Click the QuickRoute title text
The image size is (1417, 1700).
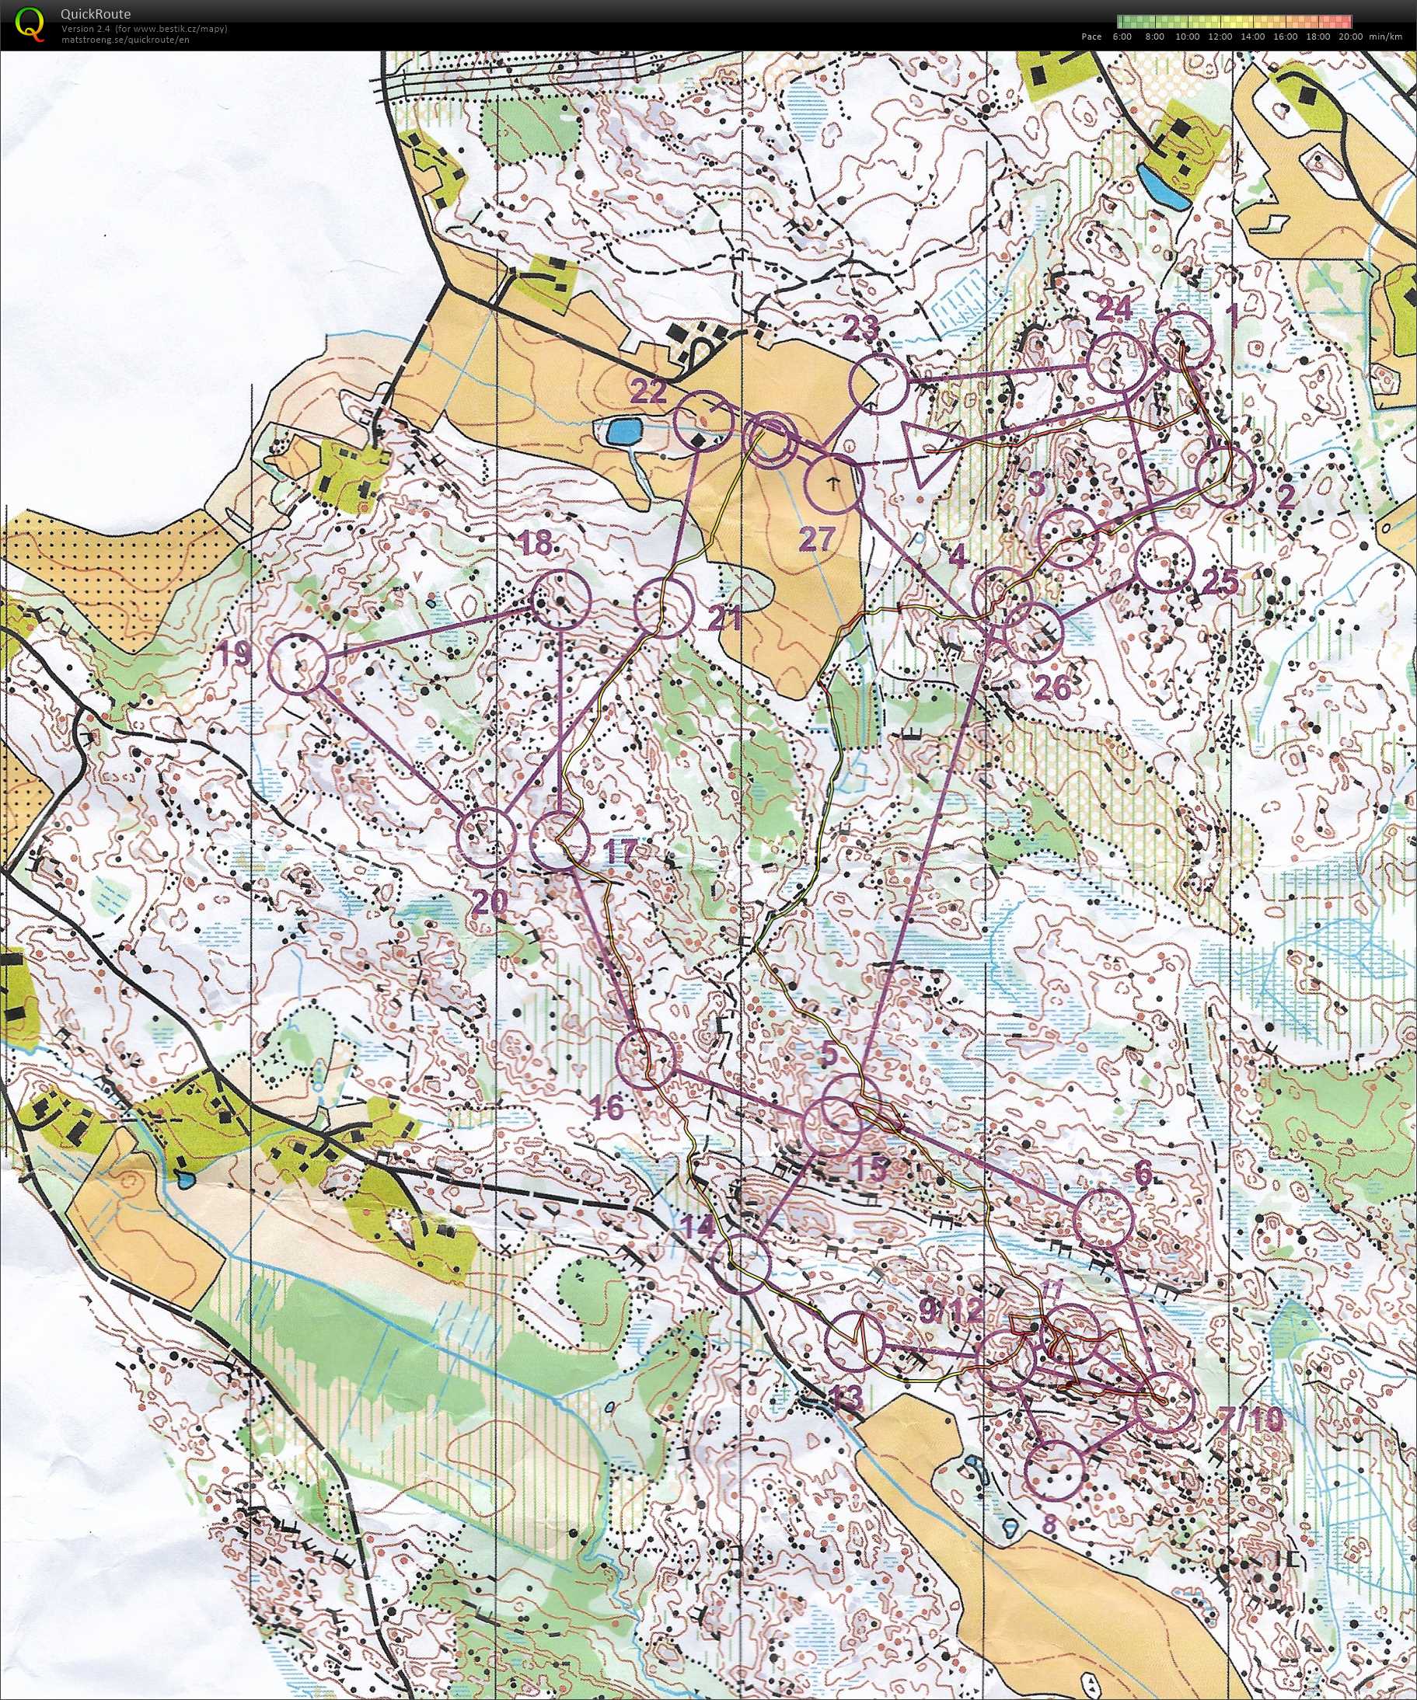95,14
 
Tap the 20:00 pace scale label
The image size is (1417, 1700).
1350,37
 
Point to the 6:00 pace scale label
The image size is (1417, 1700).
1122,37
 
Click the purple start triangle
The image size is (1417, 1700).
927,453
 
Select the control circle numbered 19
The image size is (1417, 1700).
297,664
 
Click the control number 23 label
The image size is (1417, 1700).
860,329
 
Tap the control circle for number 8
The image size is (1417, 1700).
1053,1468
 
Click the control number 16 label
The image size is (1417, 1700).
607,1108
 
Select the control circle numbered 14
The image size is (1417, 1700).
744,1263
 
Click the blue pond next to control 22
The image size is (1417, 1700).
621,431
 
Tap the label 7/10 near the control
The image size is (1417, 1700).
1251,1419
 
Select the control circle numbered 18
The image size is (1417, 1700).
561,599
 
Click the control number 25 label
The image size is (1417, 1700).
1220,581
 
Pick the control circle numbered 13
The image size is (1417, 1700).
855,1340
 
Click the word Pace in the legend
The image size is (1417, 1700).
1091,37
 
